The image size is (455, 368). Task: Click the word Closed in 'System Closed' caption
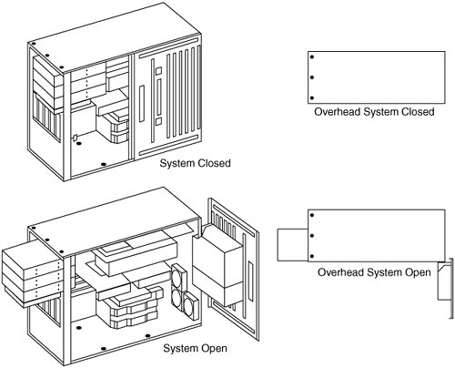pyautogui.click(x=214, y=163)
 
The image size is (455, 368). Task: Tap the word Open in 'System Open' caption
pyautogui.click(x=214, y=348)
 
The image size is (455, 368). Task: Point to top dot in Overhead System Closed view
pyautogui.click(x=312, y=56)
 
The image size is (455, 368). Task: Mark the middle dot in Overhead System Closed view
pyautogui.click(x=312, y=77)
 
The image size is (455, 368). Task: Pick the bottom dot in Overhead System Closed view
pyautogui.click(x=312, y=98)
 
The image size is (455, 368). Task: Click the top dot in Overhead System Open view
pyautogui.click(x=312, y=215)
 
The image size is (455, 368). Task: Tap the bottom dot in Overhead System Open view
pyautogui.click(x=312, y=257)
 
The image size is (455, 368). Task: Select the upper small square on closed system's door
pyautogui.click(x=158, y=71)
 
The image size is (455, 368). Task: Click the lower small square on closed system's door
pyautogui.click(x=158, y=122)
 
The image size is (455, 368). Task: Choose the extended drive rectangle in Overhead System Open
pyautogui.click(x=293, y=245)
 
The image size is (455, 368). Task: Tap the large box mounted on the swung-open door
pyautogui.click(x=217, y=266)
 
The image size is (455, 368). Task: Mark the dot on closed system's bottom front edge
pyautogui.click(x=104, y=164)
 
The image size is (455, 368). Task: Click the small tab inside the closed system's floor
pyautogui.click(x=75, y=138)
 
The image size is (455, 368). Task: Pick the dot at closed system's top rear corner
pyautogui.click(x=34, y=44)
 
